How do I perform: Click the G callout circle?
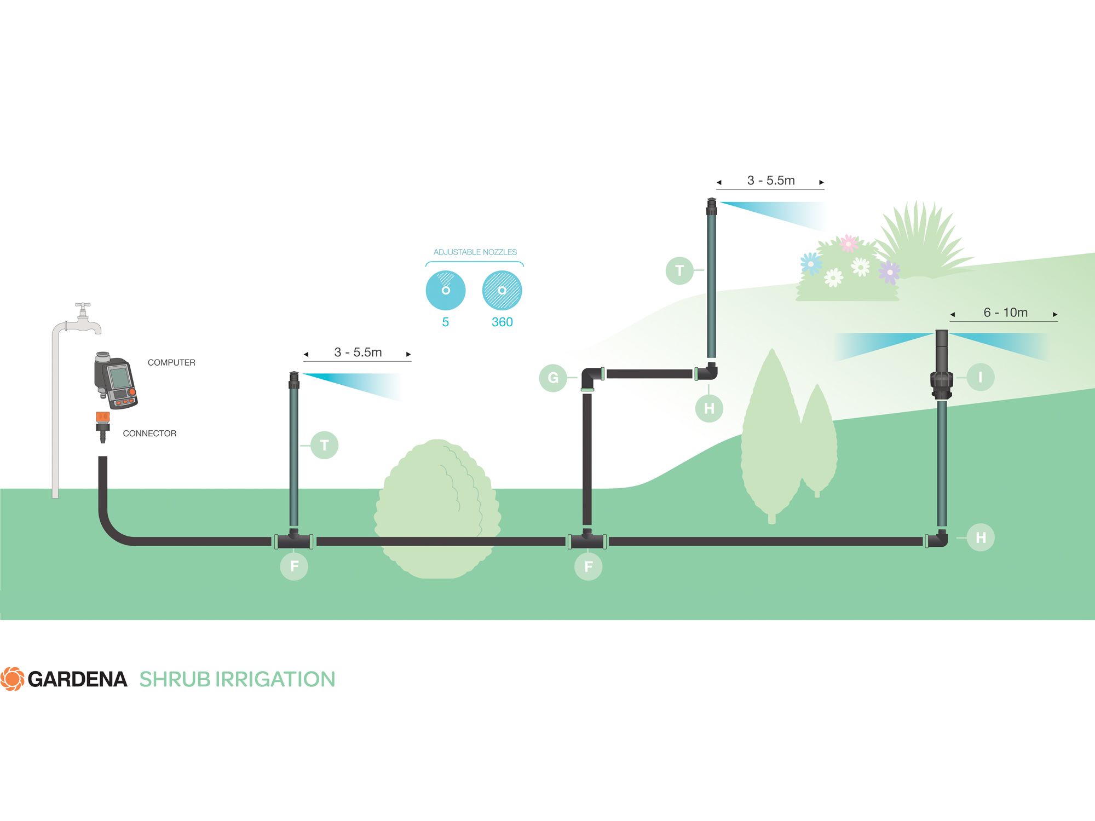553,378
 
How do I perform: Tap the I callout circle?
980,377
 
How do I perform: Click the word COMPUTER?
171,362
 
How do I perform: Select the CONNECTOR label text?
149,433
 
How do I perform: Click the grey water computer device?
115,380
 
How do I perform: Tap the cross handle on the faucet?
83,305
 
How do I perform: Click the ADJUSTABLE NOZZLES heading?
475,252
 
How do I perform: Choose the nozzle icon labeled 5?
446,290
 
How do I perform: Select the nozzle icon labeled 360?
502,290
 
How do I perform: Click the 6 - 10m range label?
1005,313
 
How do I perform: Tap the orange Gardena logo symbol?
12,679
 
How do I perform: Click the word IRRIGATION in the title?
275,679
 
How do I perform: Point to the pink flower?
849,242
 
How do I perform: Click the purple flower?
889,271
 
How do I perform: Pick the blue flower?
811,263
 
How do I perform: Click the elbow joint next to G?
591,378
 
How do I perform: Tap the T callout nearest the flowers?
679,270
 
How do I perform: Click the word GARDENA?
77,679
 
